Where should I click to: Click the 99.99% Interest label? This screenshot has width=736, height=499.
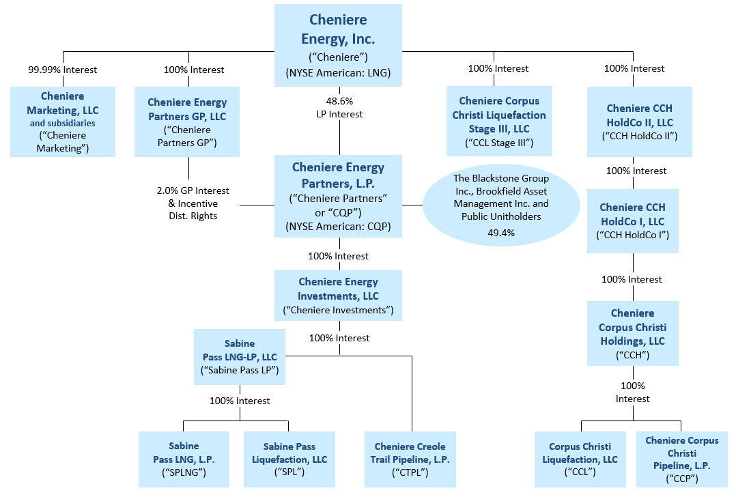(x=63, y=70)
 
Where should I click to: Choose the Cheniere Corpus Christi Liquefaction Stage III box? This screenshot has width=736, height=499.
(x=499, y=121)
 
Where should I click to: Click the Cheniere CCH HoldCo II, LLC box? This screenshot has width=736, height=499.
(x=639, y=122)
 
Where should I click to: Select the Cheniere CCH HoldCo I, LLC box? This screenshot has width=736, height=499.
(x=632, y=221)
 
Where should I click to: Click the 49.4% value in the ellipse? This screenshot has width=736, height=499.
(x=501, y=233)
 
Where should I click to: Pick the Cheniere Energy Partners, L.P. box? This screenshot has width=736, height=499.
(x=339, y=197)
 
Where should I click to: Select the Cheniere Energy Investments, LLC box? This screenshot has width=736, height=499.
(x=338, y=296)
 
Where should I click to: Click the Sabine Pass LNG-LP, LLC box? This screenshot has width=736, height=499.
(x=240, y=356)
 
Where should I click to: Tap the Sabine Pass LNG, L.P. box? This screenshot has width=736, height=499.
(x=184, y=459)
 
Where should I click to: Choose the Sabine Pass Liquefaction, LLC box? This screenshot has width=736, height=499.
(x=289, y=459)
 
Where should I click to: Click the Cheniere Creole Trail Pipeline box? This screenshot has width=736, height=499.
(x=410, y=459)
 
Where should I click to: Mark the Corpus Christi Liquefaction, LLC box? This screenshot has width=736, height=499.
(x=580, y=459)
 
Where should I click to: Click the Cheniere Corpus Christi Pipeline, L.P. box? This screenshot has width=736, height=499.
(x=681, y=459)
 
